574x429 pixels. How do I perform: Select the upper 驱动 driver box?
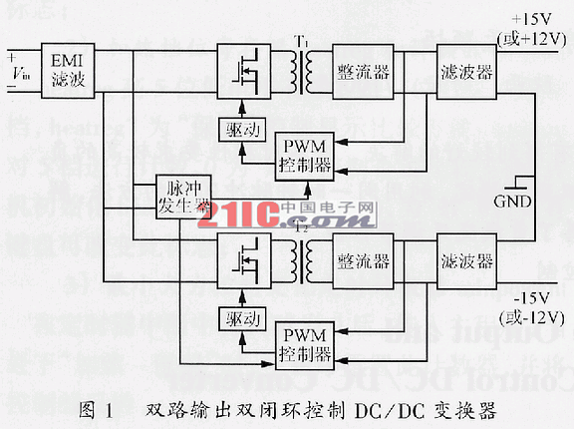(241, 131)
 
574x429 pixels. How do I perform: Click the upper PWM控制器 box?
(306, 155)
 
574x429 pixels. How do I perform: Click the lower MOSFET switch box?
(243, 262)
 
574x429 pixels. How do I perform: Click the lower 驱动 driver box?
(241, 320)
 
